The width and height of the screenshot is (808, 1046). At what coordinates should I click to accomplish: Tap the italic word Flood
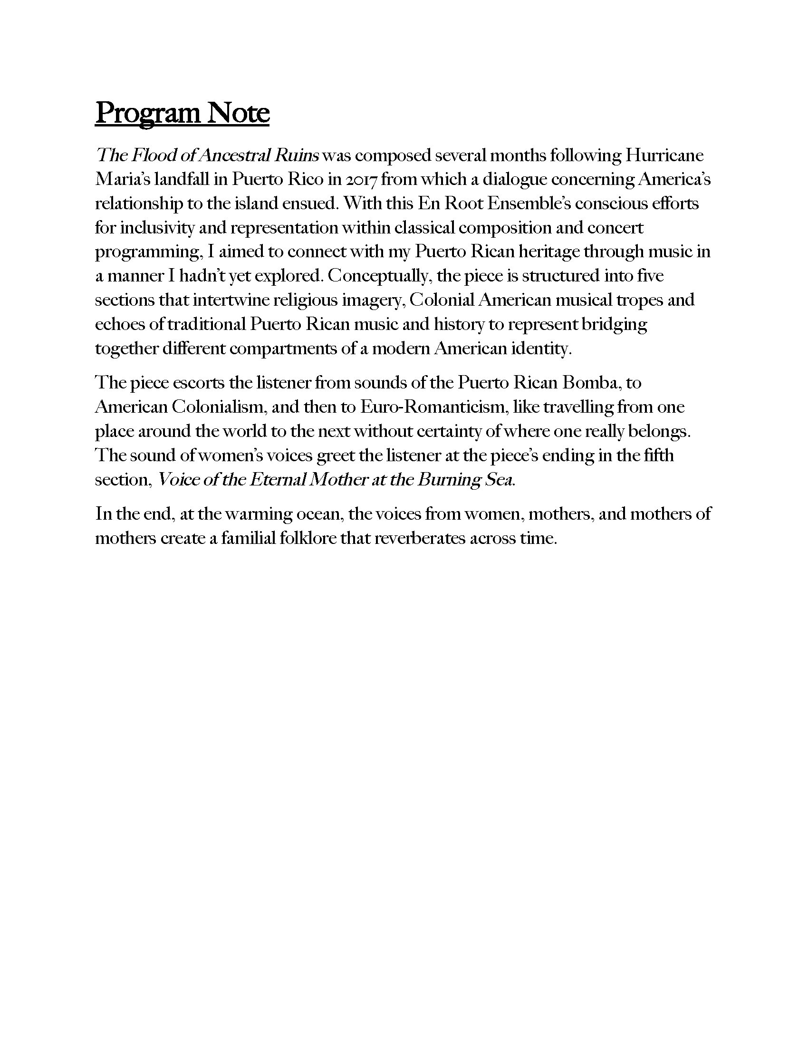tap(152, 155)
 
